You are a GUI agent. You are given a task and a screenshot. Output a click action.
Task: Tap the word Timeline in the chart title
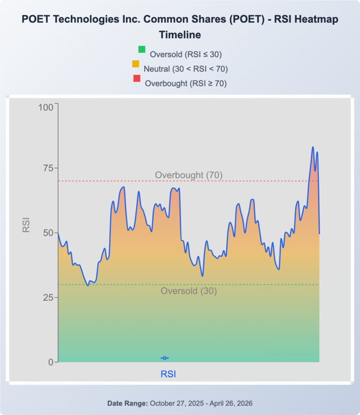click(x=180, y=35)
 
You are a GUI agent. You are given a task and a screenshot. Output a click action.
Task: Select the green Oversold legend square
click(x=142, y=50)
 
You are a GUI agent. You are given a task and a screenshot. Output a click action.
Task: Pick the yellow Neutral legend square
click(x=135, y=64)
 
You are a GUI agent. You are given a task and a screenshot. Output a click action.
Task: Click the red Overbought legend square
click(x=137, y=78)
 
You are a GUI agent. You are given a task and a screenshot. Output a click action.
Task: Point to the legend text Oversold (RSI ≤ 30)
click(x=186, y=54)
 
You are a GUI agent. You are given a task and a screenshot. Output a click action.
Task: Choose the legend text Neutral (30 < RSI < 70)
click(x=186, y=69)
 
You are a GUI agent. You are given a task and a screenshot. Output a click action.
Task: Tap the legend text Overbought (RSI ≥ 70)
click(x=186, y=83)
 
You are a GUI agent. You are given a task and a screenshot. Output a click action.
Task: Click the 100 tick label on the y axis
click(x=46, y=107)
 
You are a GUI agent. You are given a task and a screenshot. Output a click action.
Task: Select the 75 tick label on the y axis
click(x=48, y=168)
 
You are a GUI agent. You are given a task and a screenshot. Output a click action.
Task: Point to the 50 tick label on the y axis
click(x=48, y=233)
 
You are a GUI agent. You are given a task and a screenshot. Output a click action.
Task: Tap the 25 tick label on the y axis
click(x=48, y=298)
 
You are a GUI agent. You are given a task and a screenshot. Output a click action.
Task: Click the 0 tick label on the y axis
click(x=51, y=363)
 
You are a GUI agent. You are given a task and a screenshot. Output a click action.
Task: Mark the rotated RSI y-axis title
click(x=26, y=225)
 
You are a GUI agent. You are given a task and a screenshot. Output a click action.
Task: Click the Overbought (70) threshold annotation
click(x=188, y=175)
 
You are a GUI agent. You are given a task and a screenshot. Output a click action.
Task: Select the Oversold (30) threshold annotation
click(x=188, y=291)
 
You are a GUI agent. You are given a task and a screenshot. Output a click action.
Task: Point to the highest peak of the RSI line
click(x=313, y=147)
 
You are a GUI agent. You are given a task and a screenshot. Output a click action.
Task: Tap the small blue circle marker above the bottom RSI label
click(x=165, y=358)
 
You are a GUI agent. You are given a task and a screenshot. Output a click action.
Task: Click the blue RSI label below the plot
click(x=168, y=374)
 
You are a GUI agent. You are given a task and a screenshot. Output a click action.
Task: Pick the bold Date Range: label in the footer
click(x=127, y=403)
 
